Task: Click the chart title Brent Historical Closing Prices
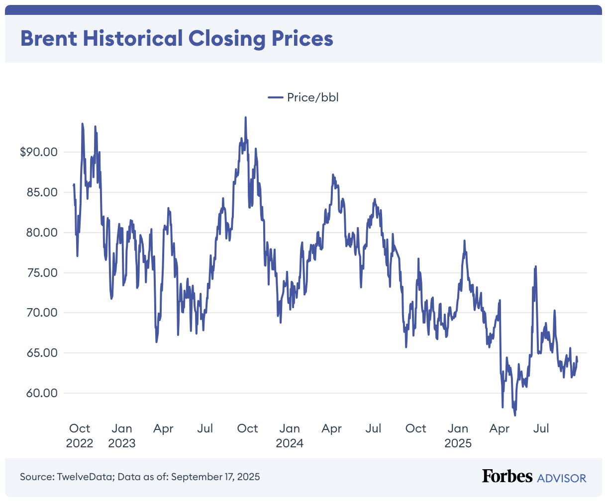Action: pyautogui.click(x=177, y=38)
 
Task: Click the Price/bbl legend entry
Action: pyautogui.click(x=303, y=97)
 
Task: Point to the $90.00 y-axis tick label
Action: pyautogui.click(x=39, y=152)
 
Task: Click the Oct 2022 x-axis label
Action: pyautogui.click(x=80, y=435)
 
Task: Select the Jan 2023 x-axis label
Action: pyautogui.click(x=122, y=435)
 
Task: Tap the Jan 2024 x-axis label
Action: pyautogui.click(x=290, y=435)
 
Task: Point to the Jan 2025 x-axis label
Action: pyautogui.click(x=458, y=435)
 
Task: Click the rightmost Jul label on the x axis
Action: pyautogui.click(x=541, y=428)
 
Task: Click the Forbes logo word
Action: pyautogui.click(x=507, y=476)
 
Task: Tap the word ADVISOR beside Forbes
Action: pyautogui.click(x=562, y=478)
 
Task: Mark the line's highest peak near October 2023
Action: pyautogui.click(x=246, y=118)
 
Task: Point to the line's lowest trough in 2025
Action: pyautogui.click(x=515, y=415)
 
